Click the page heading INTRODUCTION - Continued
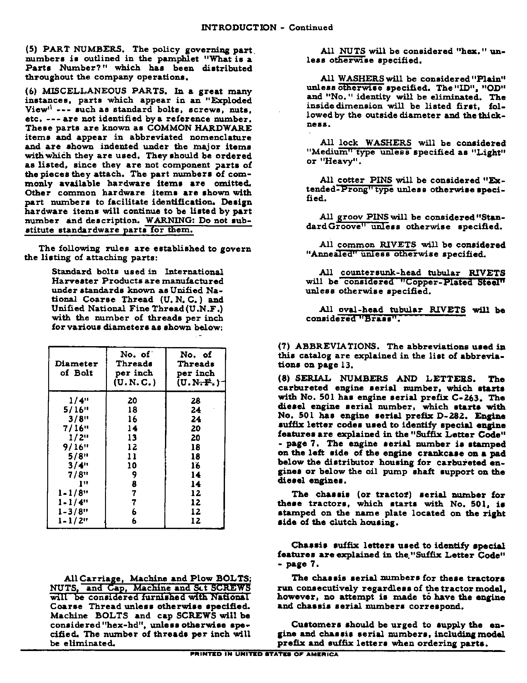click(x=267, y=28)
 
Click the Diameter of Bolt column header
click(x=76, y=368)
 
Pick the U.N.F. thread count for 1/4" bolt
click(x=195, y=400)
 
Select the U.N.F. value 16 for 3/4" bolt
click(x=195, y=465)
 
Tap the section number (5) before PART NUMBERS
click(x=31, y=49)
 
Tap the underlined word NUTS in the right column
click(x=352, y=51)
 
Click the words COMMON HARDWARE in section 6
click(x=199, y=128)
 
